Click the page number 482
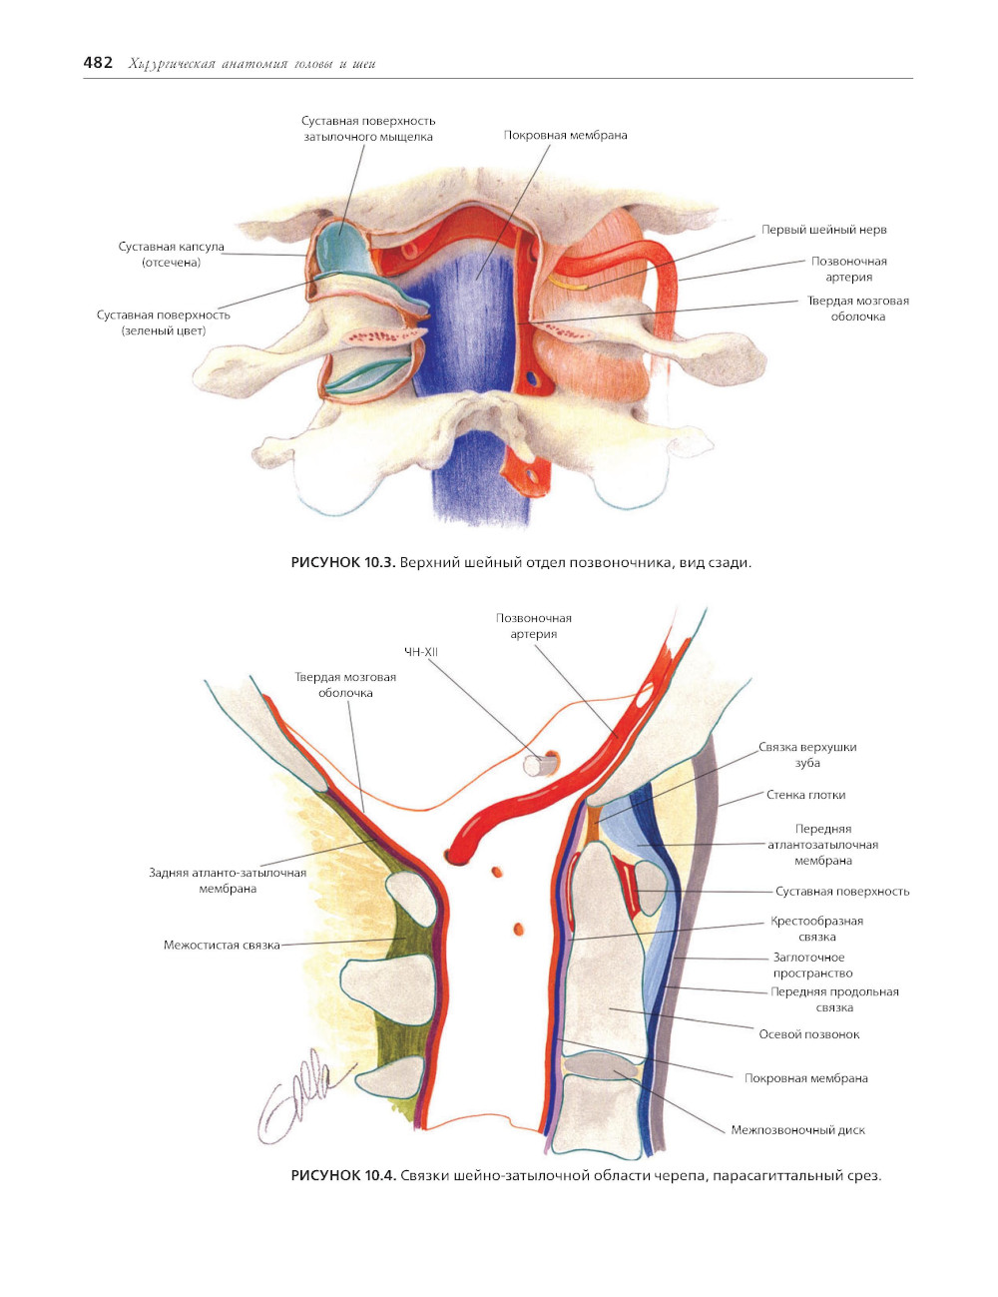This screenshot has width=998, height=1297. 98,63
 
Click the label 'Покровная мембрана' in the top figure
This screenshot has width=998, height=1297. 565,135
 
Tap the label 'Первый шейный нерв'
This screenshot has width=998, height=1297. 823,230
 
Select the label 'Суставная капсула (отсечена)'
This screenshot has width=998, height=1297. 172,255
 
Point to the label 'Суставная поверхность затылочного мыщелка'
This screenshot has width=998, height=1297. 368,129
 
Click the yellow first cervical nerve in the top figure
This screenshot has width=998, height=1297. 571,284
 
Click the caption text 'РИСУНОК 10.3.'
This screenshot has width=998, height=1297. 343,563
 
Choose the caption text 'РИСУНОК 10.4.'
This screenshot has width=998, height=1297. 343,1175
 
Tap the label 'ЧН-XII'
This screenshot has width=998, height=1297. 420,652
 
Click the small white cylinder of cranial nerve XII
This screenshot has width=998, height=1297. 540,765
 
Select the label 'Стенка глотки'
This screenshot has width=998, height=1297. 805,795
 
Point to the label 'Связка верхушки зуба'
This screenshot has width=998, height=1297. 807,755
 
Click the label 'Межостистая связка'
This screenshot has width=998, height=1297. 222,945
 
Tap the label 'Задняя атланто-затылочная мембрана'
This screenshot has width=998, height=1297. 228,881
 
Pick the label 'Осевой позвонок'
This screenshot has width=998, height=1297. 808,1034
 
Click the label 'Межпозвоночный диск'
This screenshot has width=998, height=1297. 797,1130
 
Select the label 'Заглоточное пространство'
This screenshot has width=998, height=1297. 812,966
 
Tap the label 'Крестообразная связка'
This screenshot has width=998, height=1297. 816,929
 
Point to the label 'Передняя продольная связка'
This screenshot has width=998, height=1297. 834,999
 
